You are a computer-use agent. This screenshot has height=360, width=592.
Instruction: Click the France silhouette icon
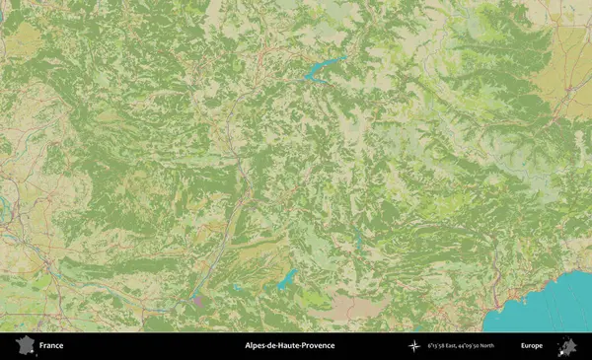pyautogui.click(x=25, y=345)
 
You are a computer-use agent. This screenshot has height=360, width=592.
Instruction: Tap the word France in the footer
pyautogui.click(x=52, y=346)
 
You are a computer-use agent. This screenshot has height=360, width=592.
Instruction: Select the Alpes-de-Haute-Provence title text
pyautogui.click(x=289, y=346)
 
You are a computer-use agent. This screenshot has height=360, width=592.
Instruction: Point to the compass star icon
pyautogui.click(x=414, y=346)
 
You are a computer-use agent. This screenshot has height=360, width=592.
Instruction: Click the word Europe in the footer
pyautogui.click(x=532, y=346)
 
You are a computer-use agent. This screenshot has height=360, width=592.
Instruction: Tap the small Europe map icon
pyautogui.click(x=567, y=345)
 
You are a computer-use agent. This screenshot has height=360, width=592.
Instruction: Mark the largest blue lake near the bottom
pyautogui.click(x=286, y=279)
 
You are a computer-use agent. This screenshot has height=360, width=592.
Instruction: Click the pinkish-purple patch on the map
pyautogui.click(x=197, y=297)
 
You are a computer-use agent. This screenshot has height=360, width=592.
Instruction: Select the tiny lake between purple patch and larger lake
pyautogui.click(x=235, y=288)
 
